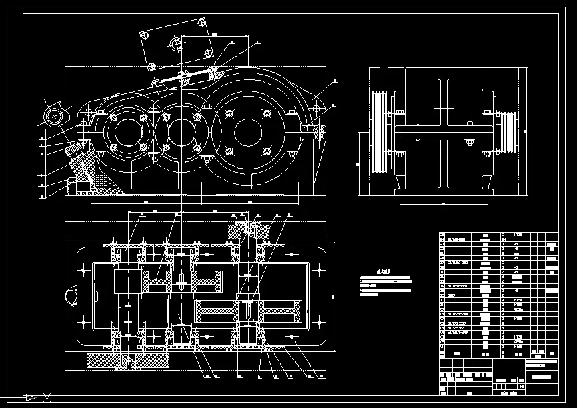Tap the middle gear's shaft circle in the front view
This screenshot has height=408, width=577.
[x=179, y=131]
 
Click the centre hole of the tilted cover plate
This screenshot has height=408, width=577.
[x=177, y=45]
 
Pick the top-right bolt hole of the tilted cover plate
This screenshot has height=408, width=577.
[x=202, y=23]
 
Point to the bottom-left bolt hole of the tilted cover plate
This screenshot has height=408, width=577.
[x=152, y=66]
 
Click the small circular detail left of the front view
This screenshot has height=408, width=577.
[x=53, y=116]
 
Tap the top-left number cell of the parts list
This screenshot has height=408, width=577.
[x=443, y=235]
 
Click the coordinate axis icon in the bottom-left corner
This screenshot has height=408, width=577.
[x=30, y=397]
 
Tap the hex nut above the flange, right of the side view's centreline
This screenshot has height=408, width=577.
[x=470, y=124]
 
